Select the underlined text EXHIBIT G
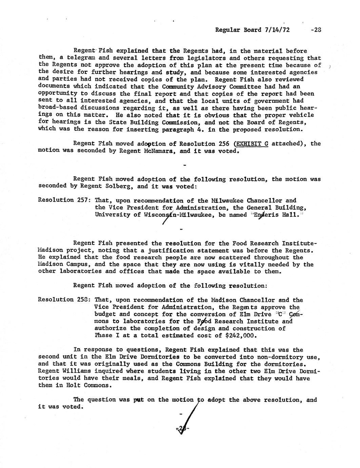[x=250, y=143]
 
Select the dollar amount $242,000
[x=236, y=335]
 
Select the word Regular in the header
[x=228, y=30]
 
